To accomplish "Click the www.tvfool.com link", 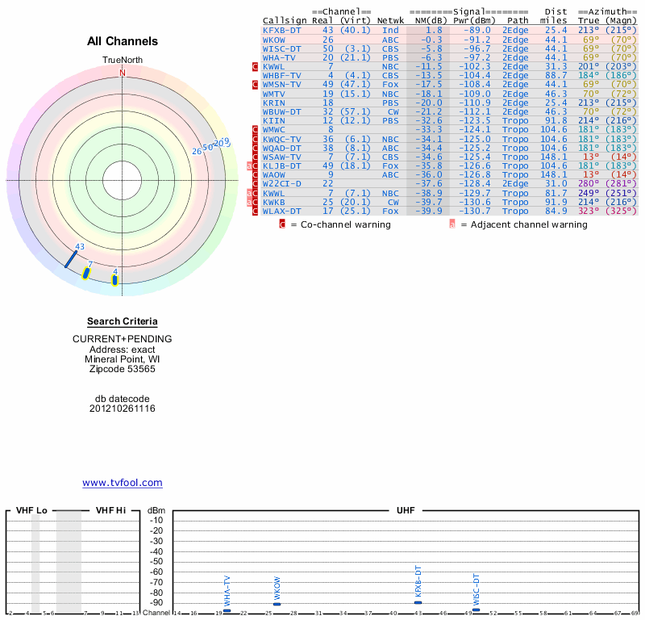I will (x=123, y=483).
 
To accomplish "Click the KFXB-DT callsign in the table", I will (x=282, y=30).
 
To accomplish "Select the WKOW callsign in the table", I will (x=274, y=40).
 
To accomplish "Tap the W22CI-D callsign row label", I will (x=282, y=184).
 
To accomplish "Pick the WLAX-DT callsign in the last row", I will (x=282, y=212).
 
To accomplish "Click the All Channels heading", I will (x=123, y=41).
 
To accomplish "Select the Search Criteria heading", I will (x=123, y=321).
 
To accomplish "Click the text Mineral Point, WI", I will (x=123, y=359).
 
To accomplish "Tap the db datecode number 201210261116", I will (x=123, y=408).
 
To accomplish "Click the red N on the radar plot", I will (x=123, y=73).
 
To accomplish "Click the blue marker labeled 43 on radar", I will (x=72, y=258).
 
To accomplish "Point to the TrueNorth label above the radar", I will (x=123, y=61).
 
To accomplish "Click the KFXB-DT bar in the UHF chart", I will (x=418, y=602).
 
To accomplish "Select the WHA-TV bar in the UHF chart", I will (x=227, y=610).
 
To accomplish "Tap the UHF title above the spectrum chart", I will (x=405, y=511).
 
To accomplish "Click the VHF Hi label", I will (x=110, y=511).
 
